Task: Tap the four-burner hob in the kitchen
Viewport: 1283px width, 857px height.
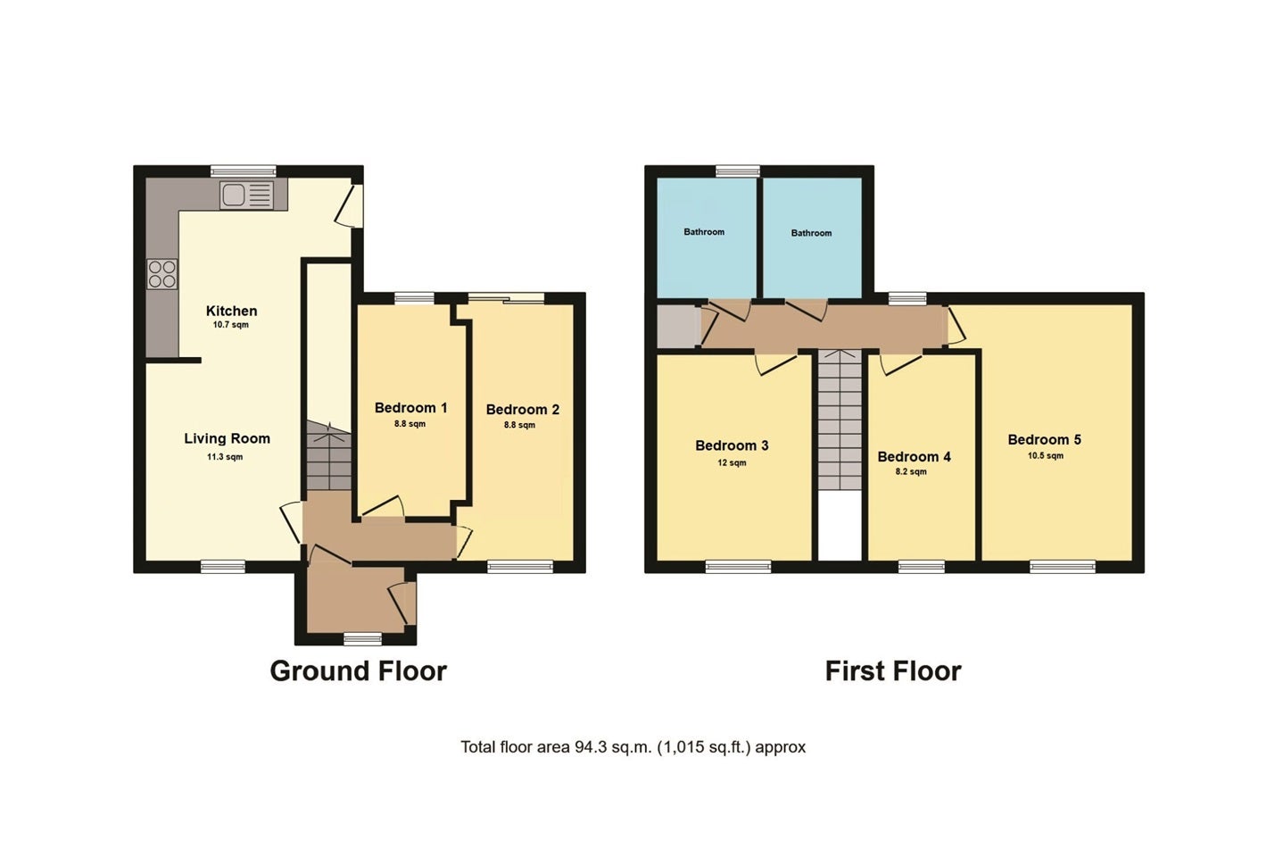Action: coord(162,274)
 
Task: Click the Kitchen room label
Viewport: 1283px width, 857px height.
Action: coord(231,312)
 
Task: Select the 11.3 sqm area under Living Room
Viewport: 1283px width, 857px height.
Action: coord(225,457)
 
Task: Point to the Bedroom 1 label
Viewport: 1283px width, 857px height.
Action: coord(410,408)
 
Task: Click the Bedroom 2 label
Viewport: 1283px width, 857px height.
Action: coord(522,410)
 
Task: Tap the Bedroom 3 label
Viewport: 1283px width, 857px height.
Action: coord(732,446)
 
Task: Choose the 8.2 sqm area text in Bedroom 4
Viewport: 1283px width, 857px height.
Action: coord(911,472)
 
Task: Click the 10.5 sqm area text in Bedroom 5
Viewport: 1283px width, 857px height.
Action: coord(1046,456)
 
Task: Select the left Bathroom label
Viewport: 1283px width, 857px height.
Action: coord(704,232)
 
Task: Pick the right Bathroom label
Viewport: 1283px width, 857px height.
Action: coord(811,233)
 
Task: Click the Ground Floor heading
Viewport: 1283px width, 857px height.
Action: coord(359,671)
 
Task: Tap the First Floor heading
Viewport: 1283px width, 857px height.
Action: coord(893,671)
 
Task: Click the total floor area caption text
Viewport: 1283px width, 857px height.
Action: coord(633,747)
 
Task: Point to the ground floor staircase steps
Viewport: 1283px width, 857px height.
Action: coord(328,456)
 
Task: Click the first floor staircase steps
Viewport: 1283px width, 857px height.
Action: coord(840,420)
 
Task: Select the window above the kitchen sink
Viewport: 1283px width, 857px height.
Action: coord(244,171)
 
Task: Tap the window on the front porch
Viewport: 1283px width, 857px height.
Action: coord(362,638)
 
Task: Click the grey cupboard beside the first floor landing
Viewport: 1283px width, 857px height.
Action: coord(679,326)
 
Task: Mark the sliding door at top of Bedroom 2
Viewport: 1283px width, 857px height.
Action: coord(506,298)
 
